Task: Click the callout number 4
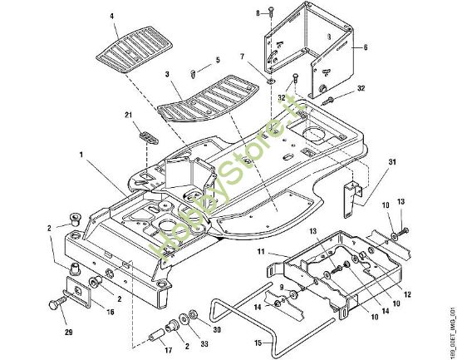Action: pyautogui.click(x=112, y=16)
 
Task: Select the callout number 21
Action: pyautogui.click(x=129, y=115)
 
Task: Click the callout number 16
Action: pyautogui.click(x=111, y=312)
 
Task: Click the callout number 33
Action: pyautogui.click(x=204, y=344)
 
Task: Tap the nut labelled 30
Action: pyautogui.click(x=193, y=314)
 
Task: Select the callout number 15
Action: pyautogui.click(x=258, y=343)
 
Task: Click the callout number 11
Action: pyautogui.click(x=261, y=251)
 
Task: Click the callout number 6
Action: pyautogui.click(x=366, y=47)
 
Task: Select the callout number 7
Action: pyautogui.click(x=242, y=57)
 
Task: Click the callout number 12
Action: pyautogui.click(x=407, y=294)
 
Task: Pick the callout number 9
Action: pyautogui.click(x=281, y=287)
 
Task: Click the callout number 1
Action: pyautogui.click(x=81, y=155)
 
